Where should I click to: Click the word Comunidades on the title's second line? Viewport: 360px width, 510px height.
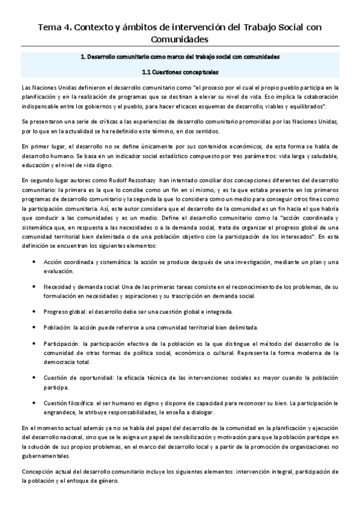click(180, 40)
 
